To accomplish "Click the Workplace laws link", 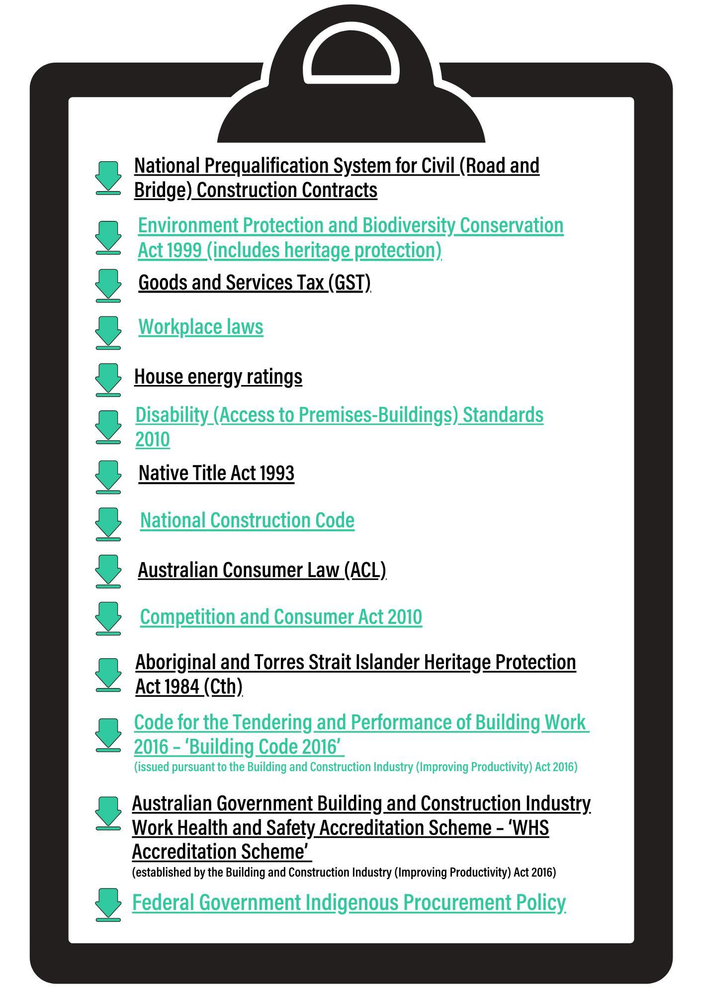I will (200, 327).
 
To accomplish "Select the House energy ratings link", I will (218, 377).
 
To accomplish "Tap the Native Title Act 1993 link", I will (216, 473).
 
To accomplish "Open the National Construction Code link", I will (247, 520).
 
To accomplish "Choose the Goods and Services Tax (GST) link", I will (254, 283).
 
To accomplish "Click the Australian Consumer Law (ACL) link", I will (262, 570).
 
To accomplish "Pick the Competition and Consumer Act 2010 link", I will (281, 617).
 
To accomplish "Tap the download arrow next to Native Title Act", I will (108, 477).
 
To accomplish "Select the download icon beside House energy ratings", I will (108, 380).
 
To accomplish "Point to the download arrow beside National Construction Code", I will (108, 524).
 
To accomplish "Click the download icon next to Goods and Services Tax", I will (108, 286).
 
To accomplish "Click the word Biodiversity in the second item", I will (408, 225).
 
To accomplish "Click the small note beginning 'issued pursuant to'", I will (355, 767).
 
